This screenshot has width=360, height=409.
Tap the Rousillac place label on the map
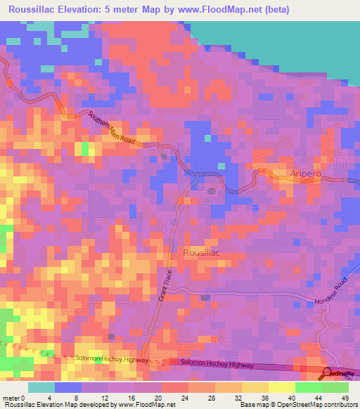(x=202, y=252)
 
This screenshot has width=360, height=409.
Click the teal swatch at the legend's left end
(x=41, y=387)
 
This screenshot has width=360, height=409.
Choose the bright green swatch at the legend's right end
(x=335, y=387)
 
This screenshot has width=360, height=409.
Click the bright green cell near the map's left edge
(x=84, y=148)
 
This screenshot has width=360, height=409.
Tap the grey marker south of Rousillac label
(x=205, y=297)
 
